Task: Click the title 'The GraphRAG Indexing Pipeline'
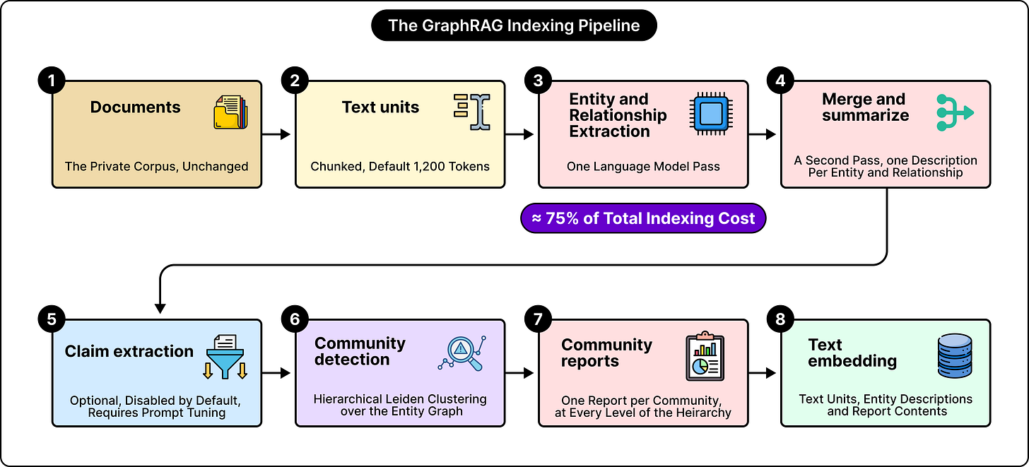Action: click(x=514, y=25)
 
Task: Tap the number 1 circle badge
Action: click(x=52, y=81)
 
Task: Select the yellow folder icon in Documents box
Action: click(x=230, y=112)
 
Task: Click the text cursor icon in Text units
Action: click(x=472, y=112)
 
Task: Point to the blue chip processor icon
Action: click(x=711, y=114)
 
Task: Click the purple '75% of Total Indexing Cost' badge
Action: click(x=643, y=218)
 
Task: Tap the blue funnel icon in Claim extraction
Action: click(x=225, y=357)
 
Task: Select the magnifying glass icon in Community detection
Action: click(x=462, y=353)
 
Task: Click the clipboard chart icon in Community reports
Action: click(x=705, y=356)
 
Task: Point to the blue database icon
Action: click(x=955, y=356)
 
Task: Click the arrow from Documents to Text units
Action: click(x=276, y=134)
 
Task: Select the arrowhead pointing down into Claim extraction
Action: click(x=160, y=308)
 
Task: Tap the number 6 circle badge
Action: click(x=295, y=319)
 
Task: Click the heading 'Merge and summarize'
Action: click(x=865, y=107)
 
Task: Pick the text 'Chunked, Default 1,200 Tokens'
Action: click(x=400, y=166)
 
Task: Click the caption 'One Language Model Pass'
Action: click(x=643, y=166)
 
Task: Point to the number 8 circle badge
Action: click(x=780, y=319)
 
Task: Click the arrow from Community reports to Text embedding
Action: click(x=762, y=373)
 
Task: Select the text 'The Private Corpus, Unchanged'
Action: click(x=156, y=166)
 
